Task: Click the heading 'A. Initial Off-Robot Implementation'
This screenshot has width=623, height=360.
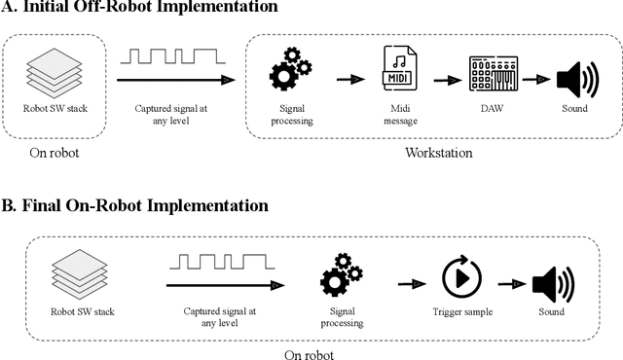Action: coord(139,9)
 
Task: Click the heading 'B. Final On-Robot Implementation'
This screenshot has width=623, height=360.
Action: coord(134,206)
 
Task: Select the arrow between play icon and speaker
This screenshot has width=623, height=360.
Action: coord(510,283)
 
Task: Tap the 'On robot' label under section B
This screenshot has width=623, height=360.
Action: coord(309,354)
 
